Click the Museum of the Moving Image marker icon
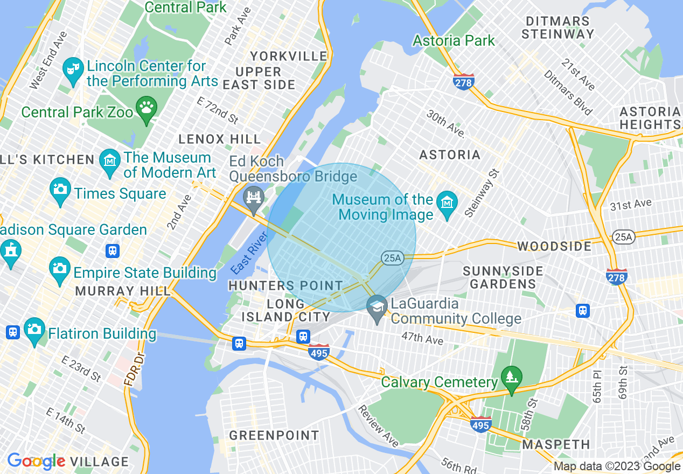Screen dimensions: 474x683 tap(447, 203)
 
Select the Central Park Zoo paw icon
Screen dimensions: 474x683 tap(146, 108)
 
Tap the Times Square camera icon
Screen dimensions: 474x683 tap(60, 189)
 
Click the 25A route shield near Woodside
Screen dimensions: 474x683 tap(622, 236)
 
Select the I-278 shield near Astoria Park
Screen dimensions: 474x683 tap(463, 82)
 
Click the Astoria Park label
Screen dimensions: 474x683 tap(454, 40)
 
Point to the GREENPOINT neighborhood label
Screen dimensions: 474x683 tap(274, 435)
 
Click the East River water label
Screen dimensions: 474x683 tap(249, 253)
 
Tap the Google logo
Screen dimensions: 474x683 tap(36, 461)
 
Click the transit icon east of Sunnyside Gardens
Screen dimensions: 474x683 tap(582, 311)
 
